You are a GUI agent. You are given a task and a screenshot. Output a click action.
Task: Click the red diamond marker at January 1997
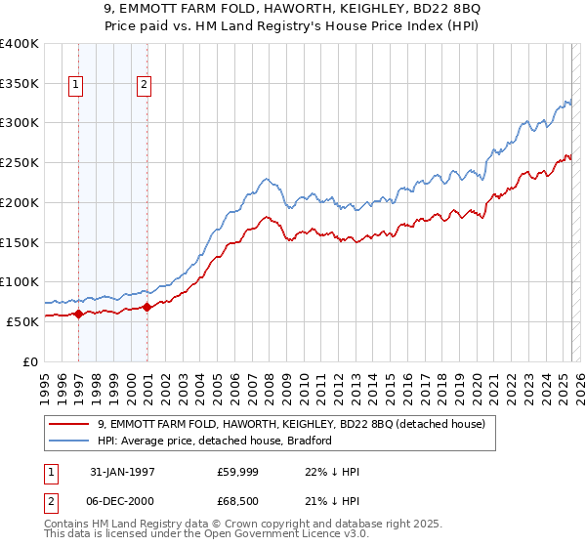pos(79,315)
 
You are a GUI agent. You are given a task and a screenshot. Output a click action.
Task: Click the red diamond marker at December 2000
pos(146,307)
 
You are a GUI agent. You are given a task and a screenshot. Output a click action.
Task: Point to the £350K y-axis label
pos(19,83)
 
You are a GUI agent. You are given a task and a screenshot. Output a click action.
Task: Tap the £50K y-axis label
pos(21,321)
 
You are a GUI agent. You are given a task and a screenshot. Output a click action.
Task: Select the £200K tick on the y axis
pos(19,202)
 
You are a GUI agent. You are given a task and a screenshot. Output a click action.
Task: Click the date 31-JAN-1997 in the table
pos(122,472)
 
